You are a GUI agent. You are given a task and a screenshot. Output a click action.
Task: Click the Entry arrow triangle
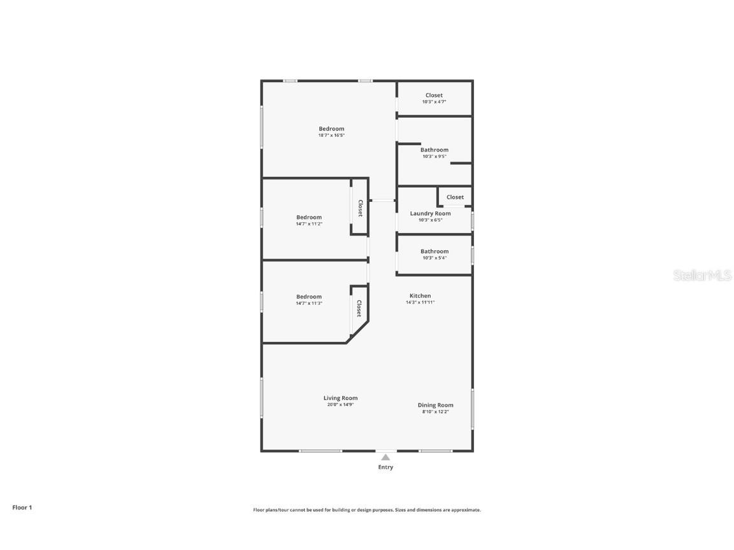click(385, 457)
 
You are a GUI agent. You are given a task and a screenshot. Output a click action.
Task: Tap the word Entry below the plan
click(385, 467)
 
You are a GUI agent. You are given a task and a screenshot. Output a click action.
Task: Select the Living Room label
click(340, 398)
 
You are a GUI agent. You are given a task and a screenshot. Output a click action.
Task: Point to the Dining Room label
click(436, 405)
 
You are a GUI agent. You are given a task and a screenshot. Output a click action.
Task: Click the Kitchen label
click(420, 296)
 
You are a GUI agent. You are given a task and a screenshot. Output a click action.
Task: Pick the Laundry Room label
click(430, 214)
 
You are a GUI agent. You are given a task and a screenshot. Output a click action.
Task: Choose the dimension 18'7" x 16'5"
click(331, 135)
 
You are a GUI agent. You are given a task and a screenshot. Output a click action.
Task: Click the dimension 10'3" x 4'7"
click(434, 102)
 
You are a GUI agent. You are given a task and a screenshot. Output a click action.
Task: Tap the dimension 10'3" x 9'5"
click(434, 157)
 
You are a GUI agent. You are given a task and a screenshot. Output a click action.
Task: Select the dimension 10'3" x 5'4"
click(434, 258)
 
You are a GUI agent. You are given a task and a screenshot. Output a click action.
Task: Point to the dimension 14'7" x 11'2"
click(309, 224)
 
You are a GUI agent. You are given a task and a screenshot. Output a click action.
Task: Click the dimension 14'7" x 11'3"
click(309, 303)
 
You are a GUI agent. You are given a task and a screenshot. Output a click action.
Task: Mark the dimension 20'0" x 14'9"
click(340, 405)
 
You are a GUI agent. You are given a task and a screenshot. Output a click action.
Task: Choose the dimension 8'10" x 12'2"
click(436, 412)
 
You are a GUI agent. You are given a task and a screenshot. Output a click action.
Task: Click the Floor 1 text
click(22, 507)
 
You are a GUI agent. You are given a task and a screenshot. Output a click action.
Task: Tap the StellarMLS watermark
click(703, 276)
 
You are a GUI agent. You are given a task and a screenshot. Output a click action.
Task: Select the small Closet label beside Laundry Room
click(455, 197)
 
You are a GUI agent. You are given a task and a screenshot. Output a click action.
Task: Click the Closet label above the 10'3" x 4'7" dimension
click(434, 95)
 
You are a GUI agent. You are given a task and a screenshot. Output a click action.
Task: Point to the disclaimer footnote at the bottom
click(367, 510)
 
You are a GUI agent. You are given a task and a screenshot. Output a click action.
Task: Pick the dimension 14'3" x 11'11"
click(420, 302)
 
